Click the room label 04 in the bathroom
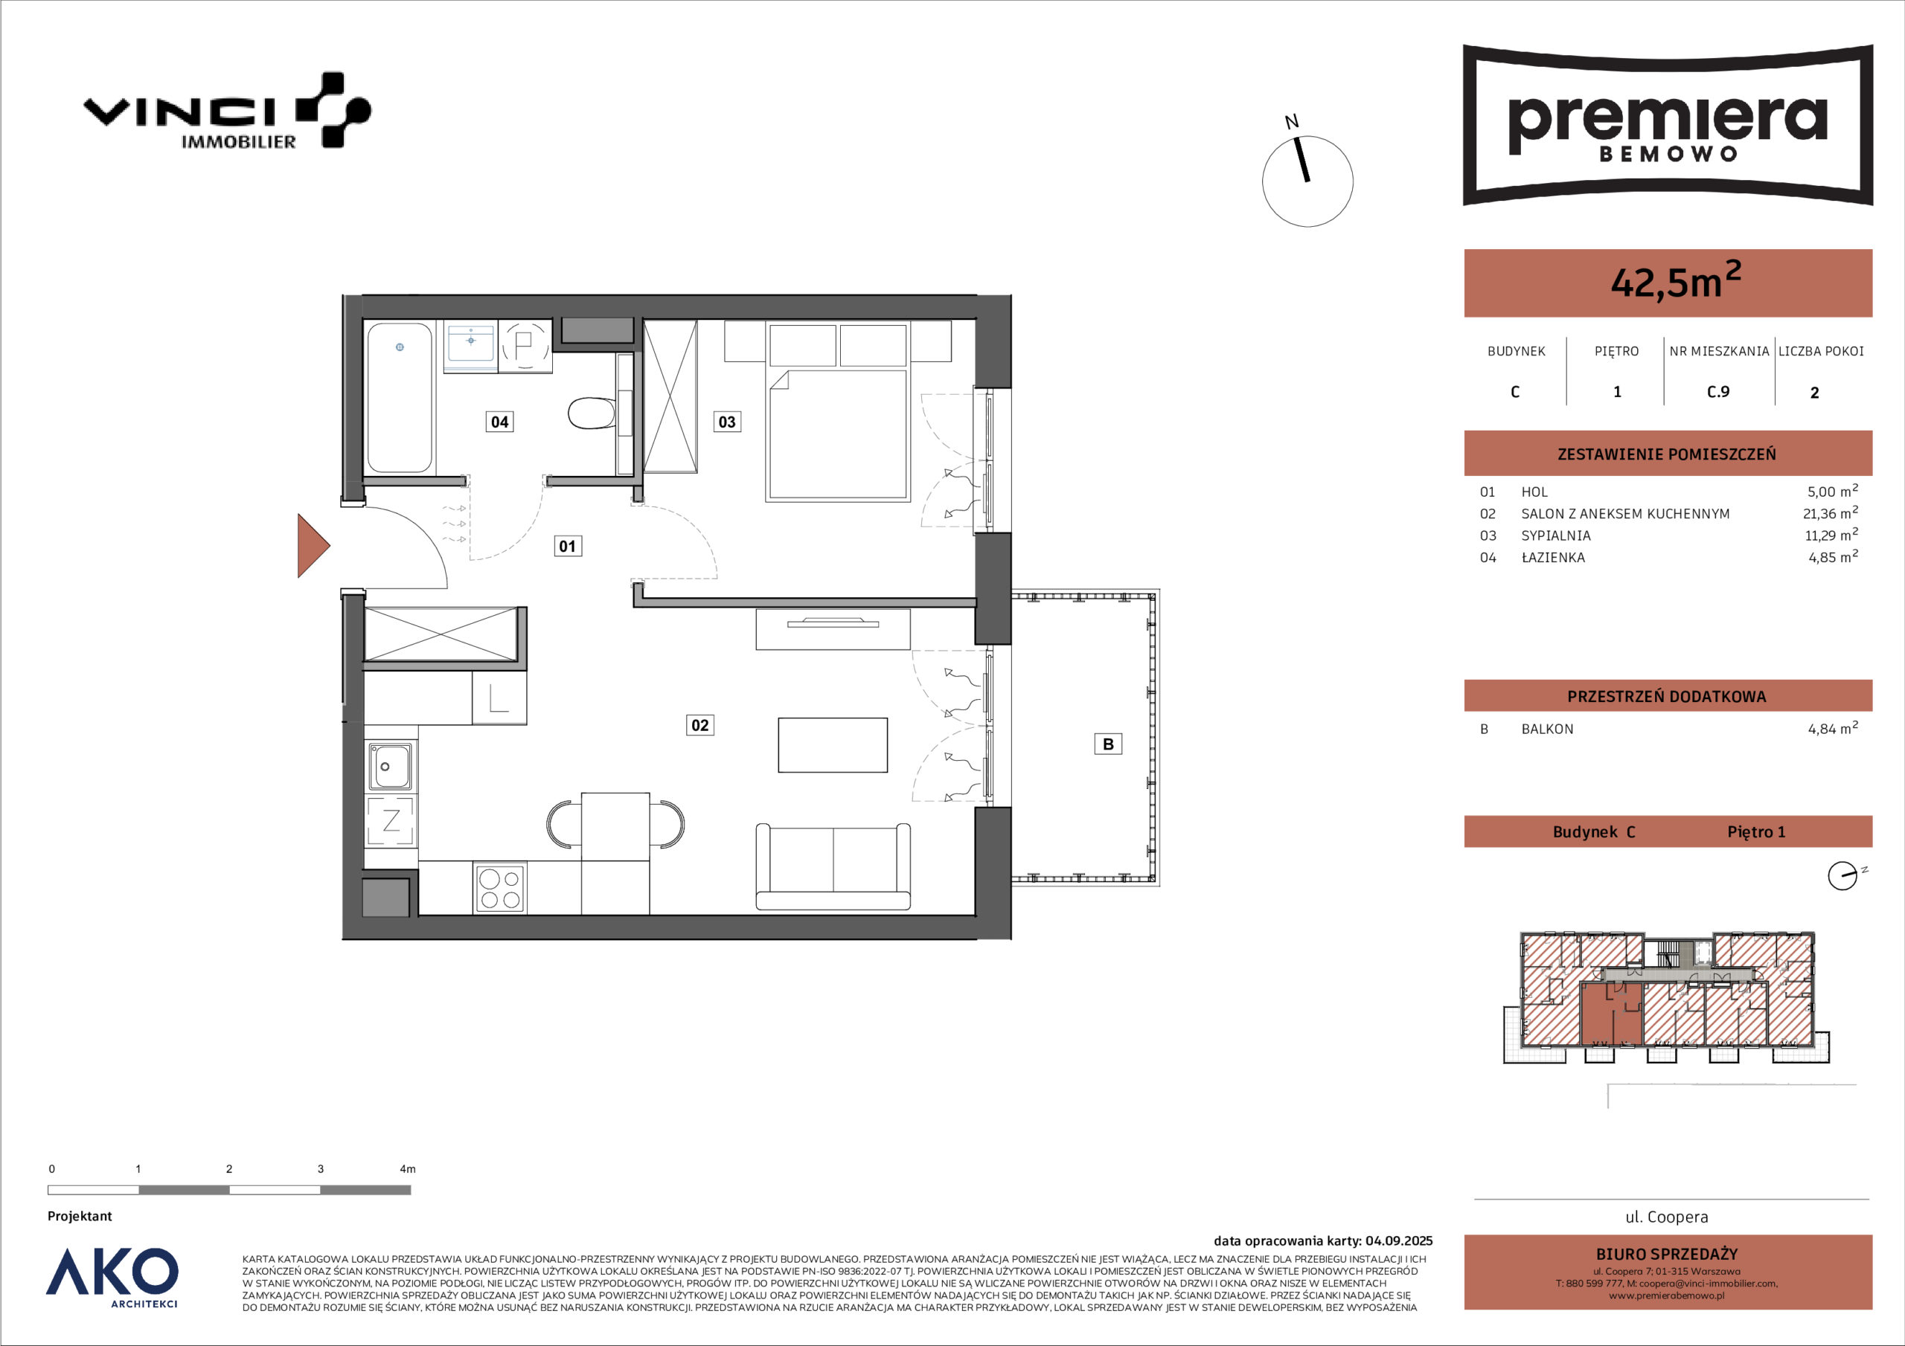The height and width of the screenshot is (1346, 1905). tap(499, 422)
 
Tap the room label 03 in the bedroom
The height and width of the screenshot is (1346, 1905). tap(727, 422)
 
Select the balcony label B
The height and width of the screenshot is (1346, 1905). tap(1109, 744)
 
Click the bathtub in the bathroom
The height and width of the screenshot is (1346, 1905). tap(400, 398)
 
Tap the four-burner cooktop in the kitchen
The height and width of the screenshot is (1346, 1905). tap(500, 888)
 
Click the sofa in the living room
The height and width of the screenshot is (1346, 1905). tap(833, 866)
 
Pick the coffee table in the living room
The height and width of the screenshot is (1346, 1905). tap(833, 744)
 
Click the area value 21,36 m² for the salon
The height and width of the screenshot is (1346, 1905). tap(1831, 513)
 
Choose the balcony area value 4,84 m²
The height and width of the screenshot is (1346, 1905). tap(1833, 729)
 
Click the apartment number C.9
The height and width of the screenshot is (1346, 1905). tap(1718, 391)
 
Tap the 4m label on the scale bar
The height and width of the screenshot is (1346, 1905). tap(407, 1168)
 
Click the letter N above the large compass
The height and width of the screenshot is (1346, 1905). tap(1292, 122)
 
